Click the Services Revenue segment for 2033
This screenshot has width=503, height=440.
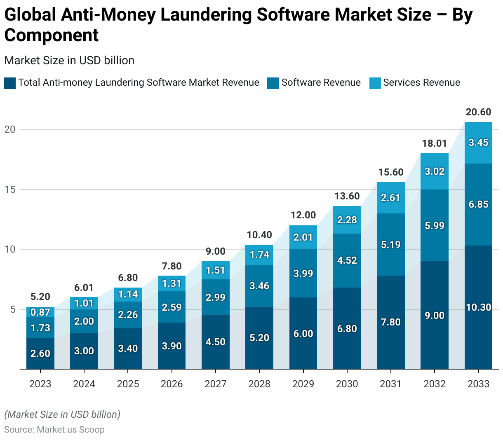[478, 143]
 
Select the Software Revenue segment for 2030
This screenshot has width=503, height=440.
[347, 260]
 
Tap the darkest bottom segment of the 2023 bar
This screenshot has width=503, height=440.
[40, 353]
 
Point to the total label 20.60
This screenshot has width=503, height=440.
[478, 112]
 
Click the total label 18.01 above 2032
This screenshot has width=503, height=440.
[435, 143]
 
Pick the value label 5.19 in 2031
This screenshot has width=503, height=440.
[390, 245]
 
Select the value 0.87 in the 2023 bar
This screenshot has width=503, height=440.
[40, 312]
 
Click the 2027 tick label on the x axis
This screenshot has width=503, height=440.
[216, 384]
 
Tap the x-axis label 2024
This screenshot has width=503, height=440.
[84, 384]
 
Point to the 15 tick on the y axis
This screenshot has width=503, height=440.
[10, 190]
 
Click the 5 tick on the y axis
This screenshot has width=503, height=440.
[12, 309]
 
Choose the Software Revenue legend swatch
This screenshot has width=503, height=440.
[273, 83]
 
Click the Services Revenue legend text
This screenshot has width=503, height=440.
[421, 83]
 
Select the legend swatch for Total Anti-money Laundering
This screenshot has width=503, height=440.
[10, 83]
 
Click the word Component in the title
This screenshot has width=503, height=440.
[52, 35]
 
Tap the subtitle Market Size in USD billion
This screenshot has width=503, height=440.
[69, 61]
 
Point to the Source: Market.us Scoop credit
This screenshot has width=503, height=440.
[54, 429]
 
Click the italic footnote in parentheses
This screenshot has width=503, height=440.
[62, 414]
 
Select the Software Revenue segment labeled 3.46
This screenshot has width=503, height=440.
[259, 286]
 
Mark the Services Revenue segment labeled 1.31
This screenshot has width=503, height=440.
[172, 283]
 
